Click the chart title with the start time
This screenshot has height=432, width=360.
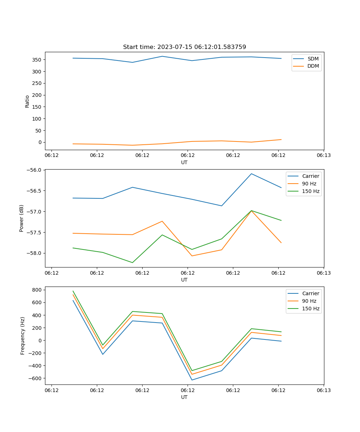pyautogui.click(x=184, y=47)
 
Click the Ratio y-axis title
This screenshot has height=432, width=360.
pyautogui.click(x=27, y=101)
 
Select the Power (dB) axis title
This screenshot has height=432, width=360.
pyautogui.click(x=22, y=218)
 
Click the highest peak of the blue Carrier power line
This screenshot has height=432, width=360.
pyautogui.click(x=251, y=174)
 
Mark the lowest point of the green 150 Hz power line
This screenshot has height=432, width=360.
pyautogui.click(x=132, y=262)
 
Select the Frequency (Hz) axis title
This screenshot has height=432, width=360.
pyautogui.click(x=23, y=336)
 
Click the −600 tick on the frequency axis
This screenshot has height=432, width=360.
pyautogui.click(x=36, y=378)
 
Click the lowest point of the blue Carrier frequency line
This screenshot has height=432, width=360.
pyautogui.click(x=192, y=380)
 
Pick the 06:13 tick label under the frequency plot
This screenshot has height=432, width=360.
pyautogui.click(x=323, y=390)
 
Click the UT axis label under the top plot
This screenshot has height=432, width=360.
pyautogui.click(x=184, y=162)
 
